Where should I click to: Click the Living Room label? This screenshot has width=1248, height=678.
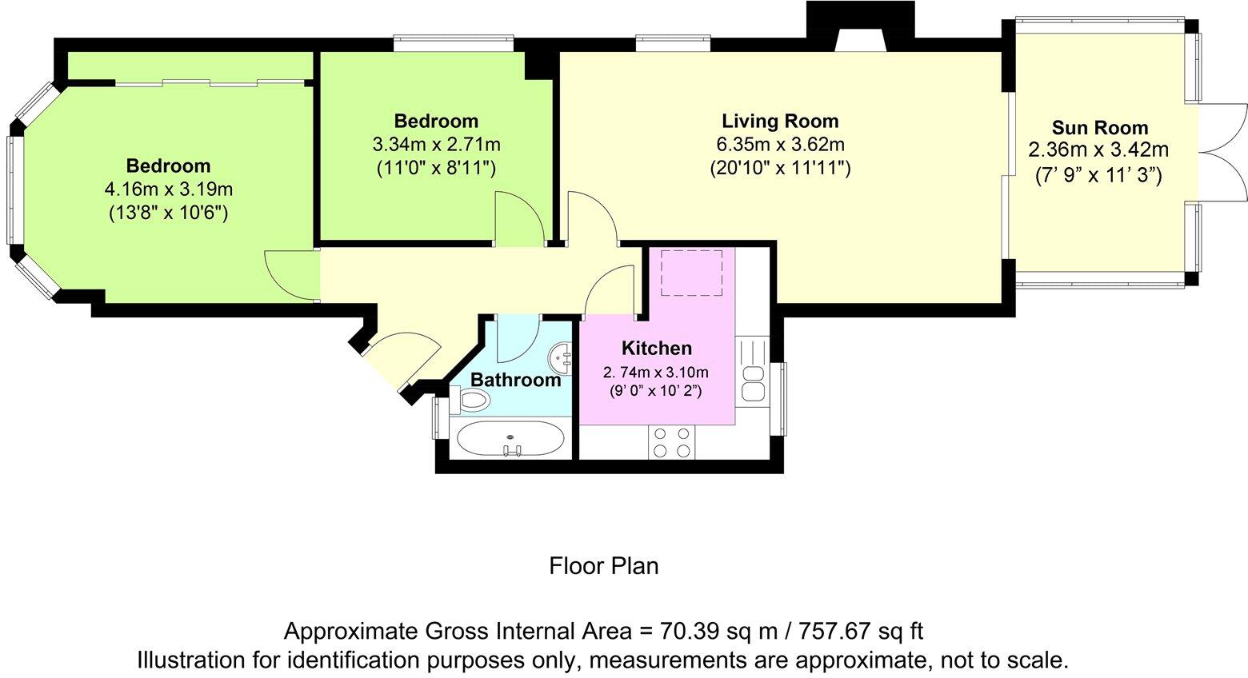(x=780, y=121)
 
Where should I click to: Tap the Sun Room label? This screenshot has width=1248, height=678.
(x=1100, y=127)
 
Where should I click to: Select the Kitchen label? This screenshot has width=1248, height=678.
(x=656, y=348)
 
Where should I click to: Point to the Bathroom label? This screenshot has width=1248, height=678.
(x=515, y=380)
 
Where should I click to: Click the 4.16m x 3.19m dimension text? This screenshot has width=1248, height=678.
(x=168, y=189)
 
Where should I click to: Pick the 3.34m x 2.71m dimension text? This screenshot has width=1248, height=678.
(x=436, y=145)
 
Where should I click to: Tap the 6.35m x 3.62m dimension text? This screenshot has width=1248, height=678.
(x=780, y=145)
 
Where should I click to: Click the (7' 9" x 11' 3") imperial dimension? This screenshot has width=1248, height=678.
(x=1098, y=176)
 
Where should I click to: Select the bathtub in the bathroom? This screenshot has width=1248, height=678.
(x=510, y=438)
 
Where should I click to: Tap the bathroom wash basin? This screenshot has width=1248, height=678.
(x=561, y=357)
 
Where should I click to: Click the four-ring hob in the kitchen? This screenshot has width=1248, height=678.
(x=671, y=442)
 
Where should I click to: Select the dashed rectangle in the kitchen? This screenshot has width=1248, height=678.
(x=691, y=273)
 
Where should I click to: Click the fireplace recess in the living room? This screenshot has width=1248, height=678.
(x=860, y=39)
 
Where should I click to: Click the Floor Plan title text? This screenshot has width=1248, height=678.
(x=604, y=566)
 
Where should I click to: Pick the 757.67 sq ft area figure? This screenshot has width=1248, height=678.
(x=862, y=632)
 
